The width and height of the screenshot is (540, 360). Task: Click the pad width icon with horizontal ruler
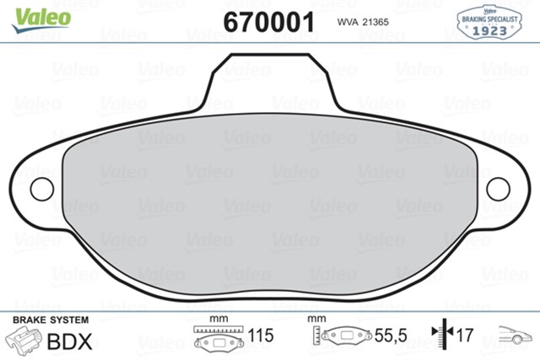pyautogui.click(x=219, y=338)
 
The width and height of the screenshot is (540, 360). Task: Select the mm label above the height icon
pyautogui.click(x=316, y=320)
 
